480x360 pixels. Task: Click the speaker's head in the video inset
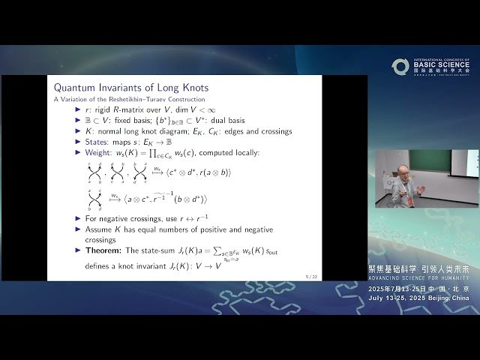tap(404, 171)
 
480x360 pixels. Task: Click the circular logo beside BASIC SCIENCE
tap(400, 67)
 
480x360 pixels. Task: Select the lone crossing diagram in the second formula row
tap(95, 199)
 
